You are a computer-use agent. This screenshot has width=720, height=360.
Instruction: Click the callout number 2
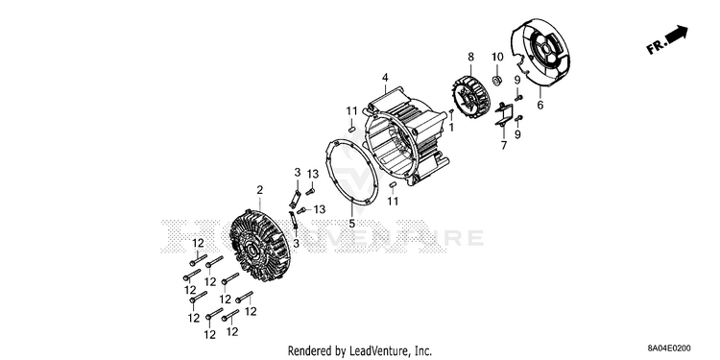click(x=260, y=190)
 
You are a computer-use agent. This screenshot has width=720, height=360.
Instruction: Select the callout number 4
click(x=385, y=77)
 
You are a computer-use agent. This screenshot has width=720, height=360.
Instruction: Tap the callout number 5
click(x=351, y=224)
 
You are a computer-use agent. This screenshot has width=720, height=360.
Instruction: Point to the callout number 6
click(x=540, y=105)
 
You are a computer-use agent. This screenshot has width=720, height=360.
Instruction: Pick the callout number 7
click(x=504, y=146)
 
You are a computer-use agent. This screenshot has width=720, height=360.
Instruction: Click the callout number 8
click(x=470, y=57)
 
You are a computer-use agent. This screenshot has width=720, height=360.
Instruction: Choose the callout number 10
click(x=497, y=57)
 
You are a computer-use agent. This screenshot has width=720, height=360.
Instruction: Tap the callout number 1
click(x=451, y=127)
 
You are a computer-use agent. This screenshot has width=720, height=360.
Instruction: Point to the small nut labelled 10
click(x=496, y=81)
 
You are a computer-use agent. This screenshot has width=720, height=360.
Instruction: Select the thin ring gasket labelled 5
click(x=352, y=172)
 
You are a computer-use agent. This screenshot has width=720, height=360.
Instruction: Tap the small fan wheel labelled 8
click(x=470, y=97)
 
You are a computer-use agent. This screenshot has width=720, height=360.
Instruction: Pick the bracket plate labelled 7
click(x=504, y=114)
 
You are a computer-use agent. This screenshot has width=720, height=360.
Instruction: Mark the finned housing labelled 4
click(x=404, y=137)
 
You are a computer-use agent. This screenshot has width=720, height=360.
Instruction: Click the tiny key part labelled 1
click(x=451, y=112)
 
